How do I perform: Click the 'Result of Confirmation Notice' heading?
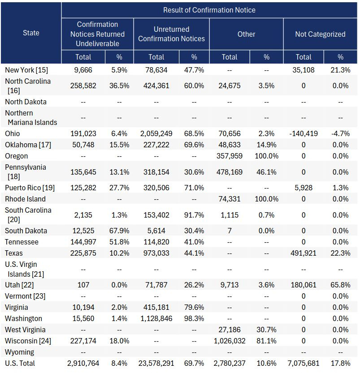[x=209, y=10]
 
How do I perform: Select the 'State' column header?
[x=31, y=33]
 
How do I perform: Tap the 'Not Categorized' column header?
[x=320, y=34]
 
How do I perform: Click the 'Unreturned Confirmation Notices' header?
[x=171, y=34]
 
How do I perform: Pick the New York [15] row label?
[x=26, y=70]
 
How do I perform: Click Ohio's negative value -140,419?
[x=304, y=133]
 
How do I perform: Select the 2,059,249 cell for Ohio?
[x=156, y=133]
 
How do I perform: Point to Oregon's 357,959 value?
[x=230, y=156]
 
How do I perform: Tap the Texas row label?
[x=14, y=253]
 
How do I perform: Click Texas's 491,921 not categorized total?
[x=304, y=253]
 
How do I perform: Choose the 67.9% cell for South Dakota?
[x=119, y=231]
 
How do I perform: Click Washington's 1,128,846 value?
[x=156, y=318]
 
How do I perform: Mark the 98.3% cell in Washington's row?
[x=194, y=318]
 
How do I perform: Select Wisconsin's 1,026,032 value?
[x=230, y=341]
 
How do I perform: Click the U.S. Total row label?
[x=20, y=363]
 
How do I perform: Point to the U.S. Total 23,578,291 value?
[x=156, y=363]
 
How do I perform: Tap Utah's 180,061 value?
[x=304, y=285]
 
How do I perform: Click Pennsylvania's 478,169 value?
[x=230, y=172]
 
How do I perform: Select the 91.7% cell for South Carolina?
[x=194, y=215]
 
